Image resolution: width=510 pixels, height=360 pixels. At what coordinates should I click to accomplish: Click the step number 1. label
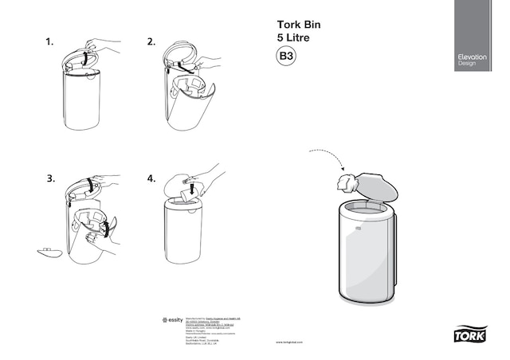(x=49, y=41)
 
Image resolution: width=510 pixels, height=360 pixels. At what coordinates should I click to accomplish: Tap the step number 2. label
(x=151, y=41)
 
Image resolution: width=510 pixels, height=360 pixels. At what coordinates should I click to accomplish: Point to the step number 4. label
(x=151, y=178)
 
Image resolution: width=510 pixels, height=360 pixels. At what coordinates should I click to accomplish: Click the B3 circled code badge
(x=286, y=57)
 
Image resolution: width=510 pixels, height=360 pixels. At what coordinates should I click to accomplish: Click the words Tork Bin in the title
(x=298, y=24)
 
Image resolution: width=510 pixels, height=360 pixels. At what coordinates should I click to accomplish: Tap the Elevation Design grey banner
(x=481, y=36)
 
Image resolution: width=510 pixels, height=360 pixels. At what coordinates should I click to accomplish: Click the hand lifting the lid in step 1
(x=102, y=45)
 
